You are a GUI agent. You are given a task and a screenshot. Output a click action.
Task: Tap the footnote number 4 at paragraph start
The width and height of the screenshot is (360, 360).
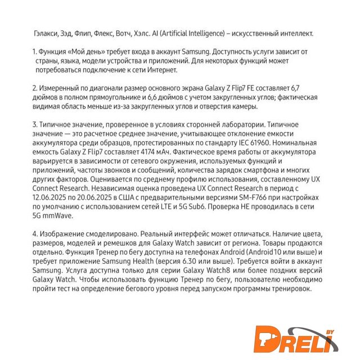tap(35, 233)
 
